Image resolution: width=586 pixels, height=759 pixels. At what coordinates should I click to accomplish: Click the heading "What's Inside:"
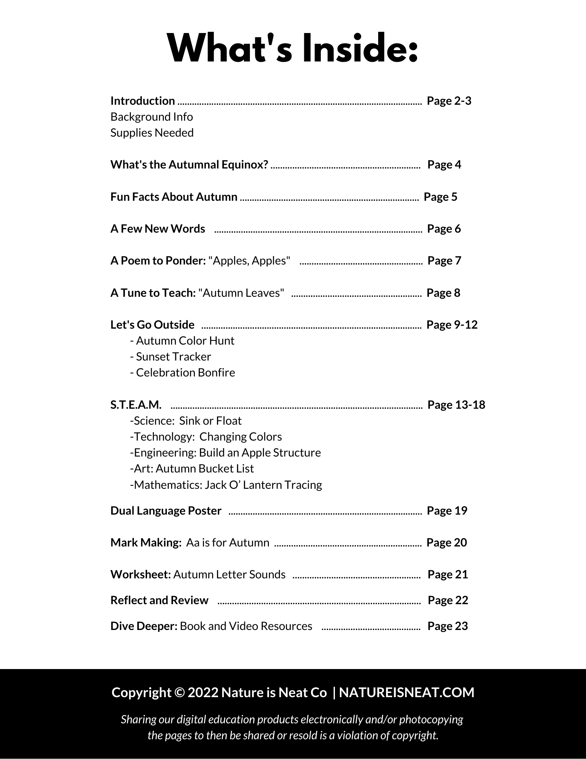click(293, 49)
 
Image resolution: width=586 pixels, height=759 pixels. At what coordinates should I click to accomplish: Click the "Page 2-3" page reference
click(449, 101)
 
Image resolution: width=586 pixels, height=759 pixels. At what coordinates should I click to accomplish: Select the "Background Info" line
click(152, 117)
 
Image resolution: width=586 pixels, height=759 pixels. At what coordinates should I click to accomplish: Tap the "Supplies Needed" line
click(152, 133)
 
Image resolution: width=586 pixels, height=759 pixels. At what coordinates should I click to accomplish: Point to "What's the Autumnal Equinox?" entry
click(189, 165)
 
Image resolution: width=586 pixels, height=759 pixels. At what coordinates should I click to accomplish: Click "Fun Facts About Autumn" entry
click(174, 197)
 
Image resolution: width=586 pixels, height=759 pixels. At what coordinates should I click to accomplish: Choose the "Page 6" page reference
click(444, 229)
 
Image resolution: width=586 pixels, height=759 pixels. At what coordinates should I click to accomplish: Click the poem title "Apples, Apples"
click(250, 261)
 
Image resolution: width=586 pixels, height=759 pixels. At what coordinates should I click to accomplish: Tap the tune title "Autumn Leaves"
click(241, 293)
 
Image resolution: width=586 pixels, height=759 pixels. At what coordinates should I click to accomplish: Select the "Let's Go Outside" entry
click(152, 325)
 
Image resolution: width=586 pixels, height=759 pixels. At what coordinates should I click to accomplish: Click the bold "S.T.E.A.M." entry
click(136, 405)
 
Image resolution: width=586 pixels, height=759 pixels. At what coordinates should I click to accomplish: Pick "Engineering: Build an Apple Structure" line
click(225, 453)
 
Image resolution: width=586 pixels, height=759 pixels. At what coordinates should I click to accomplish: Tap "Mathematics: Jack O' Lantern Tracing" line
click(226, 485)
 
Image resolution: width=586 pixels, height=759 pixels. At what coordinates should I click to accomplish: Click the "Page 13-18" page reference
click(456, 405)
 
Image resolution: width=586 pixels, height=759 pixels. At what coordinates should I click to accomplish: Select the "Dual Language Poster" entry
click(166, 511)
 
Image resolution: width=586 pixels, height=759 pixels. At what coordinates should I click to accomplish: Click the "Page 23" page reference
click(448, 626)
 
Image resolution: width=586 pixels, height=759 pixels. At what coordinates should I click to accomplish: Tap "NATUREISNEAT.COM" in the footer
click(407, 693)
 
